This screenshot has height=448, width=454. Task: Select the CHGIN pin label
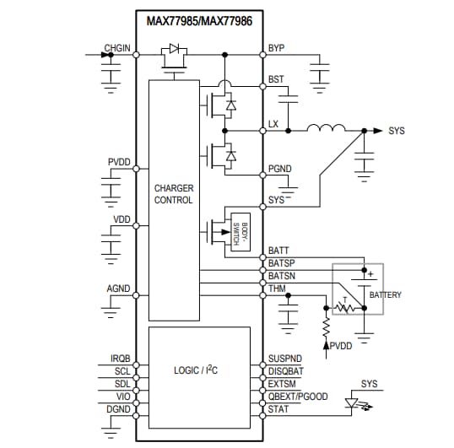(116, 48)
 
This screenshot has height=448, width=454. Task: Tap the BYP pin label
(276, 48)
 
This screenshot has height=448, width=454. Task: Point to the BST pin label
(276, 79)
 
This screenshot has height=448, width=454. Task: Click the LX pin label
(273, 124)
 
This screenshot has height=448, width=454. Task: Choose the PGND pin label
(279, 169)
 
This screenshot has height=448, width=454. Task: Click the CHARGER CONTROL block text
(173, 194)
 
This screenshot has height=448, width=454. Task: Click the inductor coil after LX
(326, 129)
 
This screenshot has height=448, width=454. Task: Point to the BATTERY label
(385, 294)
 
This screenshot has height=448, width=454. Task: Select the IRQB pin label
(120, 358)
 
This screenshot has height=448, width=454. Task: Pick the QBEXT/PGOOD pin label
(297, 397)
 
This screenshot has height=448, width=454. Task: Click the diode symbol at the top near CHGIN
(175, 50)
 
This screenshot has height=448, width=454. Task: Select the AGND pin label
(118, 289)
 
